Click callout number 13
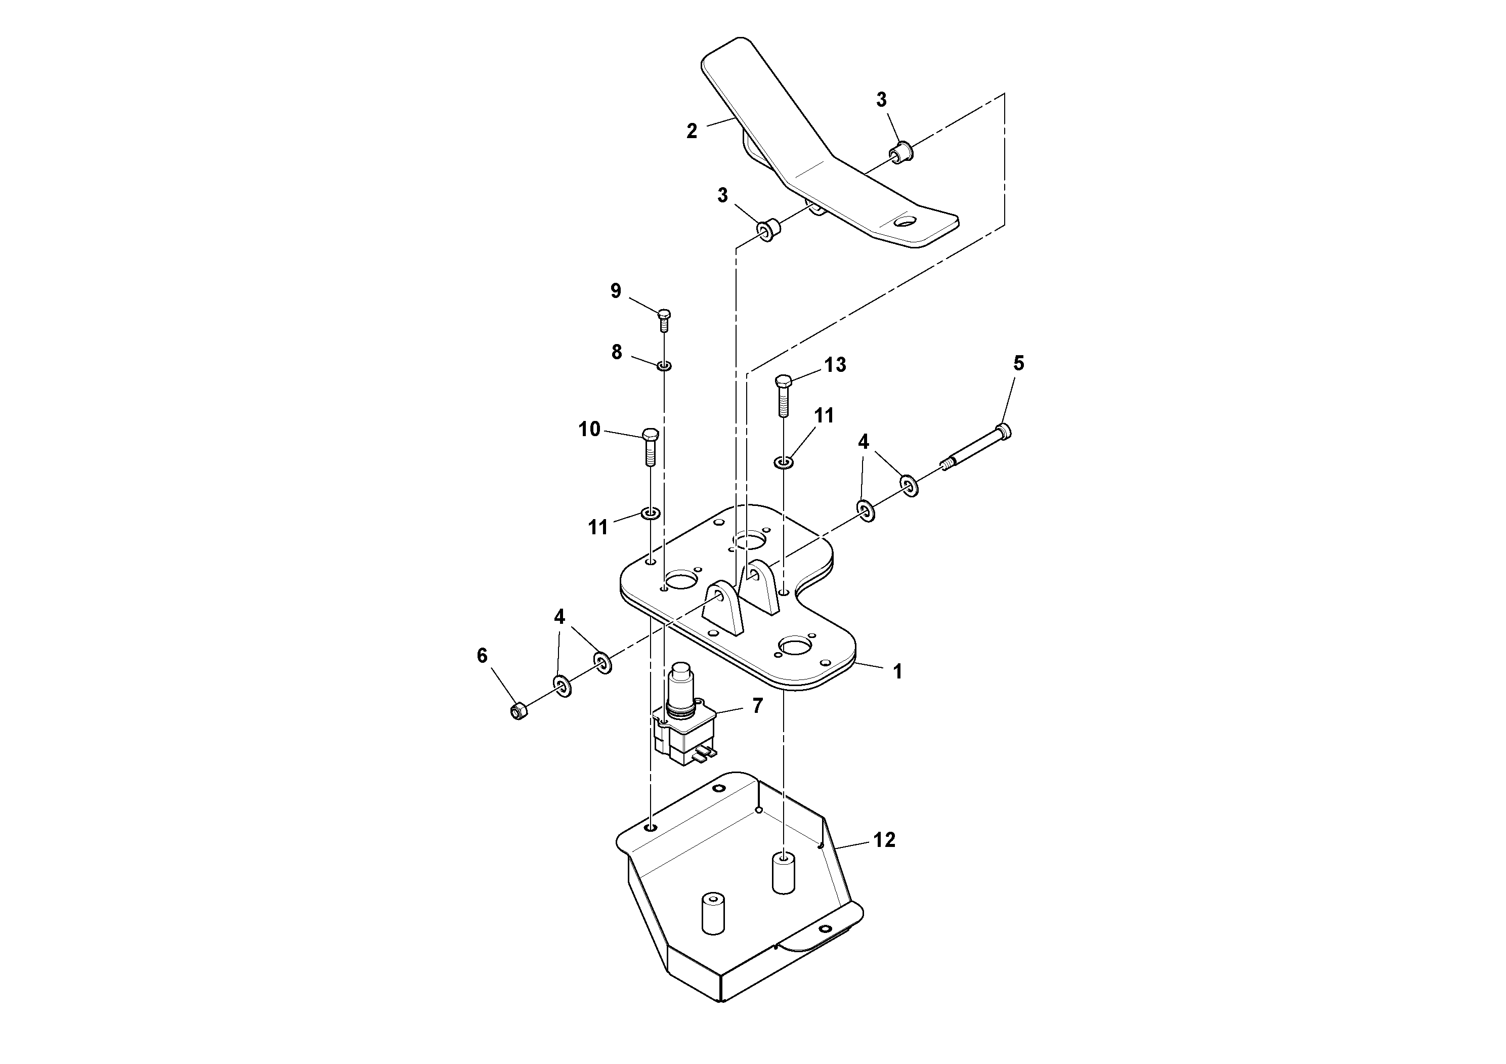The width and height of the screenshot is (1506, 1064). pyautogui.click(x=835, y=365)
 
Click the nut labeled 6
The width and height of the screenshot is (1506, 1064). pyautogui.click(x=519, y=711)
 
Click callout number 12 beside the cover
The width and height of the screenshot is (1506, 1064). pyautogui.click(x=884, y=840)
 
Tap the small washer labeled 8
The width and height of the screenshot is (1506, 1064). pyautogui.click(x=664, y=365)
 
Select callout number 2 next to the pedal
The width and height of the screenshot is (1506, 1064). pyautogui.click(x=692, y=131)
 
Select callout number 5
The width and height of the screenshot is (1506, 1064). pyautogui.click(x=1018, y=363)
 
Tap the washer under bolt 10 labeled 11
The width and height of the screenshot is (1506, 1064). pyautogui.click(x=650, y=513)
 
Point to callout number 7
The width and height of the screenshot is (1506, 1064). pyautogui.click(x=758, y=706)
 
